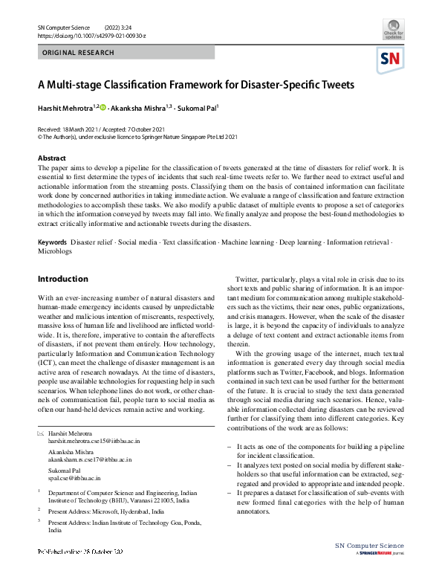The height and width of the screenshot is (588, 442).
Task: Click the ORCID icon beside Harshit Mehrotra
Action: [103, 108]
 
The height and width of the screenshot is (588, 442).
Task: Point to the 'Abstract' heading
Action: [52, 158]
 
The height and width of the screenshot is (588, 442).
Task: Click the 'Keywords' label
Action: [53, 243]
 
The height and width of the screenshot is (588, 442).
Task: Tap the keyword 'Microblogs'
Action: [54, 252]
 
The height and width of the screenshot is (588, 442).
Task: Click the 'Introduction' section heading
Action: [62, 280]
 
